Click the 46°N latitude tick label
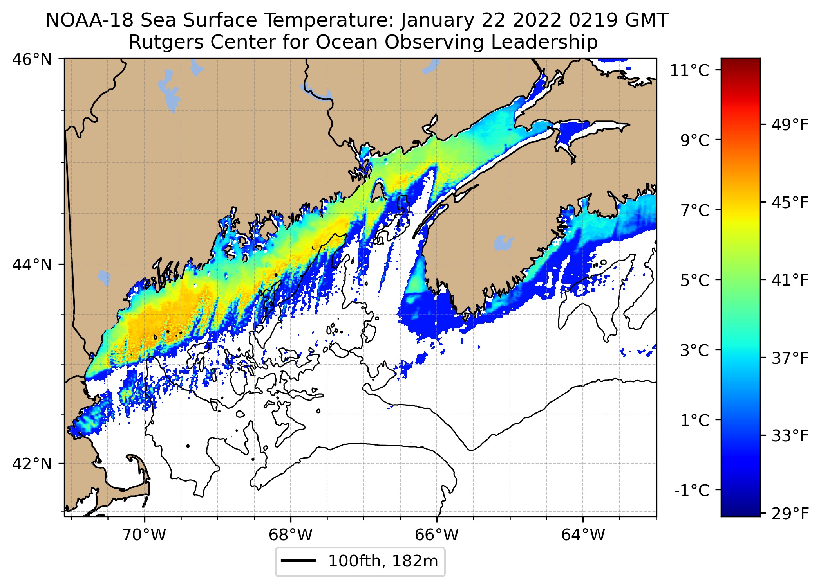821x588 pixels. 32,60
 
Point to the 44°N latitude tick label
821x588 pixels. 32,265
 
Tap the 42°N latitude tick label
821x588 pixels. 32,464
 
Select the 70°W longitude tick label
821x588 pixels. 144,534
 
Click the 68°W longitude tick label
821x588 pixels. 291,534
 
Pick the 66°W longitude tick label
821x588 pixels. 437,534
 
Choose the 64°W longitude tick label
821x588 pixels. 583,534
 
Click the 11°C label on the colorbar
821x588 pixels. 690,71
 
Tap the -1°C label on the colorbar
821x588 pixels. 692,490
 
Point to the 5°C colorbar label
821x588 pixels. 694,281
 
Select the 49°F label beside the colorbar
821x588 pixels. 790,125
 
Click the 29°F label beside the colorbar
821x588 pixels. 790,513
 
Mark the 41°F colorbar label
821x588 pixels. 790,280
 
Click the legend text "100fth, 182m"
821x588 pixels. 383,561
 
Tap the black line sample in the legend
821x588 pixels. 298,561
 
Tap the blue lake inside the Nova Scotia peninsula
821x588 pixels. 503,243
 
